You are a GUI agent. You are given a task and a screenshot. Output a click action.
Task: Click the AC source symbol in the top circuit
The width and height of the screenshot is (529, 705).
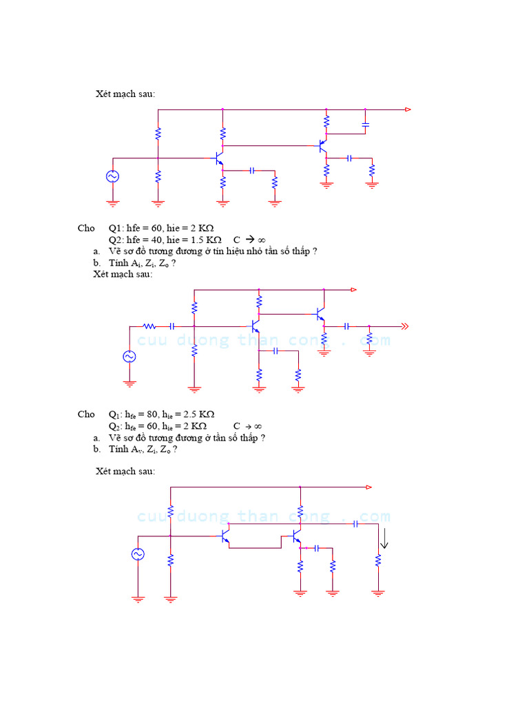click(112, 176)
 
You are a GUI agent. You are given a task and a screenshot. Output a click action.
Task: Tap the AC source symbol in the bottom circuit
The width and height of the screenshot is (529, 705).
click(138, 554)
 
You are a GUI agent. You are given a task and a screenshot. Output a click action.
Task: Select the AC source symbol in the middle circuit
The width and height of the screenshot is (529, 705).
click(129, 356)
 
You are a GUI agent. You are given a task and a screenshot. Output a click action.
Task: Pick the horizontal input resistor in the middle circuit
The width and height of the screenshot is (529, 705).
click(149, 326)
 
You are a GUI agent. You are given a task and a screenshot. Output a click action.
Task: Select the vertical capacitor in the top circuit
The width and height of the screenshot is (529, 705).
click(365, 125)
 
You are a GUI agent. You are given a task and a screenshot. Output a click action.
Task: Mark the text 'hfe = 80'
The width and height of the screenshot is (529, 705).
click(140, 414)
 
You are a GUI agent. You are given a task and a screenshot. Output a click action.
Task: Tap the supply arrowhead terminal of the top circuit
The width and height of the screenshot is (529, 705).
click(408, 109)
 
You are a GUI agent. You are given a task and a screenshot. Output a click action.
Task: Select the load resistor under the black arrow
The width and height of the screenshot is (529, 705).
click(377, 561)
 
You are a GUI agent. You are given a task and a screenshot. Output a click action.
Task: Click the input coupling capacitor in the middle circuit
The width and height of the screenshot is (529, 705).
click(172, 326)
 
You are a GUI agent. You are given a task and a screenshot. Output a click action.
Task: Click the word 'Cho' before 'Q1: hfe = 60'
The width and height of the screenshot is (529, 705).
click(87, 228)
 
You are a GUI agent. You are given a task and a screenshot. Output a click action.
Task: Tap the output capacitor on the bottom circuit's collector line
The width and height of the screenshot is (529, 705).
click(355, 524)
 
